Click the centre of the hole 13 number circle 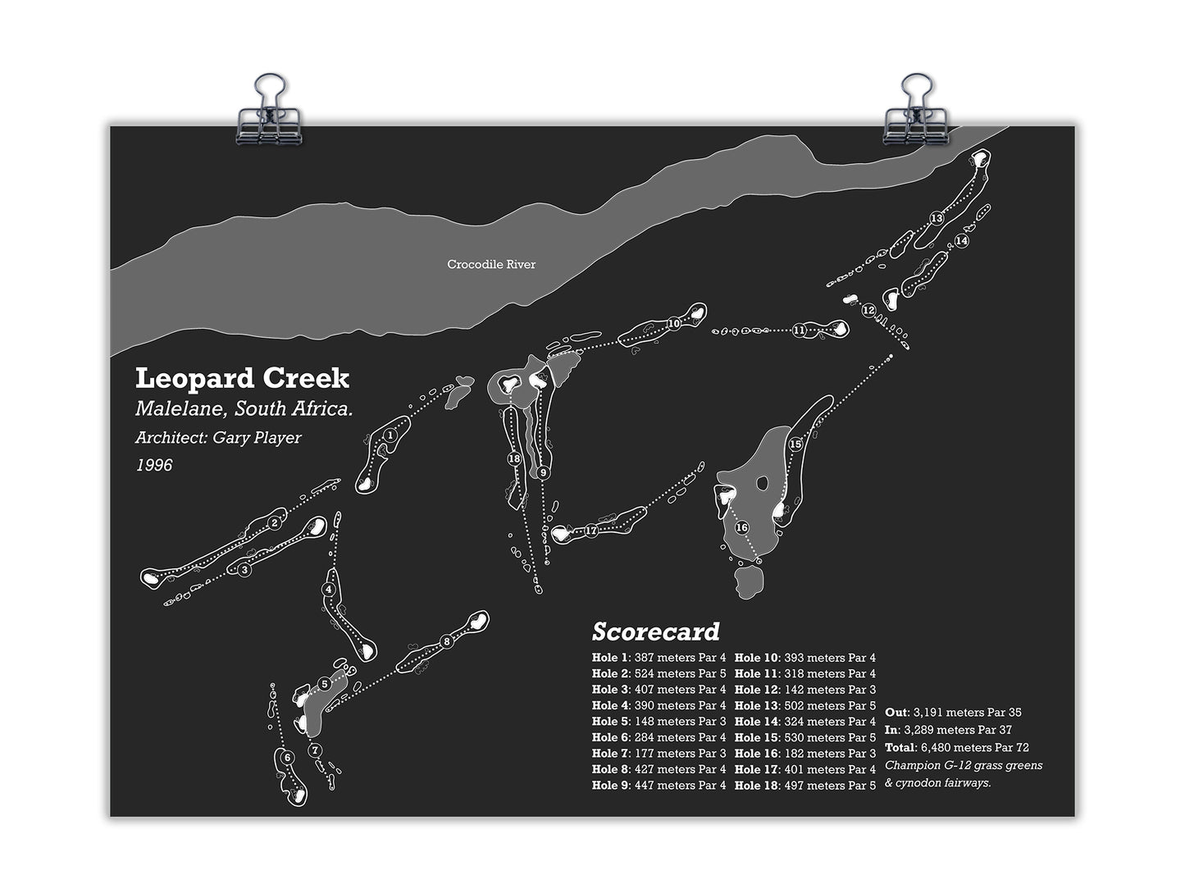pyautogui.click(x=937, y=218)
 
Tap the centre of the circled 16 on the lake pyautogui.click(x=742, y=527)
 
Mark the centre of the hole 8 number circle pyautogui.click(x=446, y=642)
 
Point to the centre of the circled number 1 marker pyautogui.click(x=390, y=435)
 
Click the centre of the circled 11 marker pyautogui.click(x=799, y=330)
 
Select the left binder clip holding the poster pyautogui.click(x=269, y=110)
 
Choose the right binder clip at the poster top pyautogui.click(x=916, y=110)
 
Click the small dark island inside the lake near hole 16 pyautogui.click(x=762, y=482)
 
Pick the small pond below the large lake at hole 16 pyautogui.click(x=749, y=581)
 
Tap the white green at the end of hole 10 pyautogui.click(x=698, y=313)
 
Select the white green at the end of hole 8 pyautogui.click(x=476, y=622)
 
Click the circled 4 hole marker pyautogui.click(x=329, y=590)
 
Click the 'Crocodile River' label pyautogui.click(x=491, y=265)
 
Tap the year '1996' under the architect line pyautogui.click(x=154, y=465)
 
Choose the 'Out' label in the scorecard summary pyautogui.click(x=896, y=713)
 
